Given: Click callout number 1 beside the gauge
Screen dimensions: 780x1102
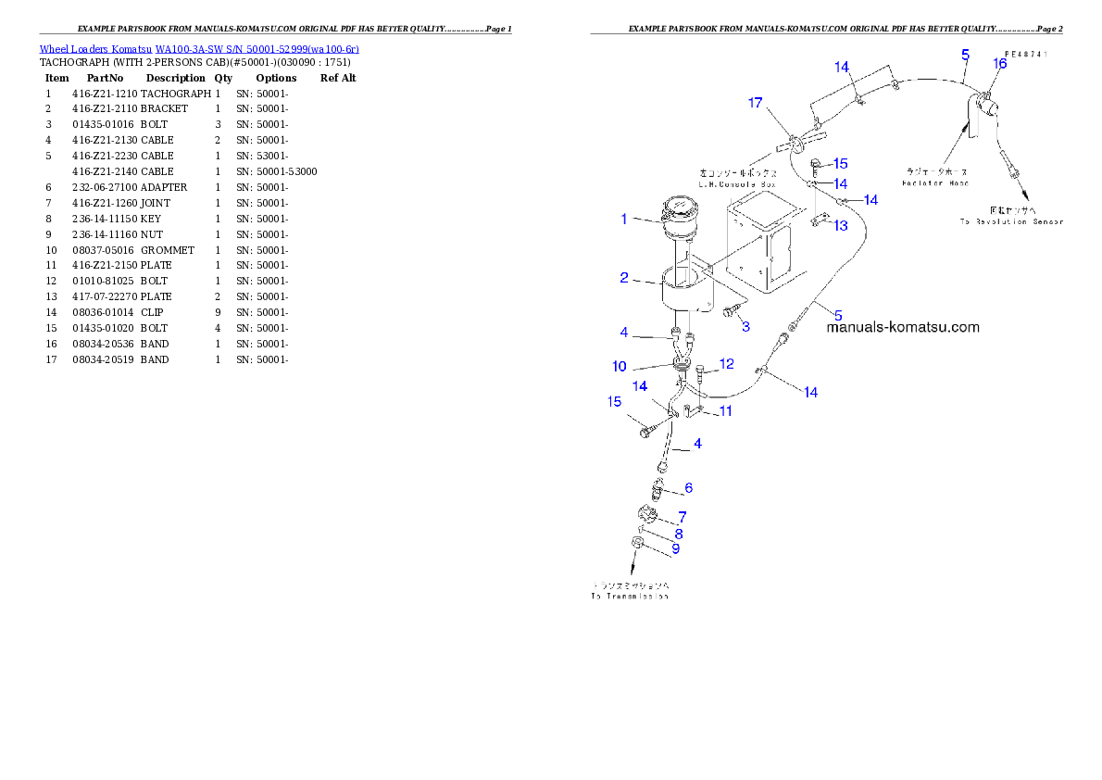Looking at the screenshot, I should click(624, 220).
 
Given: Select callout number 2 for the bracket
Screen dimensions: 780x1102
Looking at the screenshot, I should click(624, 277).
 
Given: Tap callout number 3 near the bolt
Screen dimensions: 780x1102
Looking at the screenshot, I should click(745, 325).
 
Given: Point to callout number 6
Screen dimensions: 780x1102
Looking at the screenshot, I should click(688, 488).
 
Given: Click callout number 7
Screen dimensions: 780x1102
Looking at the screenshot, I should click(682, 516).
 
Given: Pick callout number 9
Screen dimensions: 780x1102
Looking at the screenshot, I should click(675, 548).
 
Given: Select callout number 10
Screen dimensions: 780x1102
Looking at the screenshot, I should click(619, 367).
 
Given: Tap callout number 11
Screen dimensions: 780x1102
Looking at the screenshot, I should click(726, 410).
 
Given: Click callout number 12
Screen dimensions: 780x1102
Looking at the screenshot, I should click(727, 364).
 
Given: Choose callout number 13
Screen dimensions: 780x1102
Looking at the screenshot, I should click(841, 225).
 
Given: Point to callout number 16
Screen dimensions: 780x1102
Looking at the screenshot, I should click(999, 63).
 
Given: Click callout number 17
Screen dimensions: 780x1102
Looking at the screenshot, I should click(755, 103).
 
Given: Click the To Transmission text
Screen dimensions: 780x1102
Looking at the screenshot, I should click(630, 591).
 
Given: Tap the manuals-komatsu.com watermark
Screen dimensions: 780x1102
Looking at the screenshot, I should click(902, 327).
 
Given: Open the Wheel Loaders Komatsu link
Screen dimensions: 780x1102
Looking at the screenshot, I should click(198, 49).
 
